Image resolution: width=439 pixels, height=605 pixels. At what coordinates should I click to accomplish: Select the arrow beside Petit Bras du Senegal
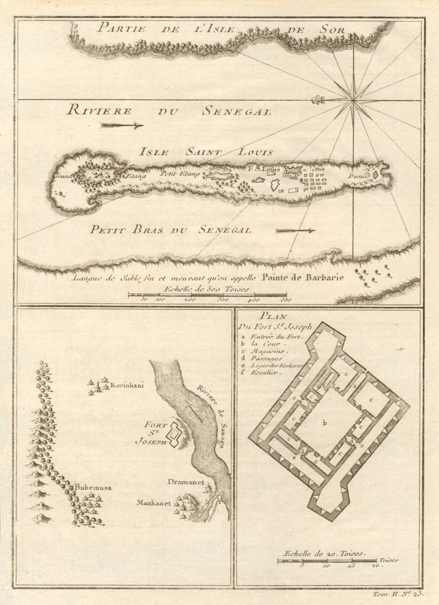(295, 230)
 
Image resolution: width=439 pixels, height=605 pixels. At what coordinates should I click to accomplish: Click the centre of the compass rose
(353, 100)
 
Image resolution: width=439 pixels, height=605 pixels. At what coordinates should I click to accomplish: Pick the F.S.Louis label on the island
(265, 169)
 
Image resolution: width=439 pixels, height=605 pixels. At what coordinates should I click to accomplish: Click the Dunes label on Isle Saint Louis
(358, 177)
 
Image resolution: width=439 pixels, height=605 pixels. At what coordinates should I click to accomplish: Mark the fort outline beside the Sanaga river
(175, 434)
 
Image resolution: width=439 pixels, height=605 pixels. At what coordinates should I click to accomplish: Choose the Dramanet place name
(186, 482)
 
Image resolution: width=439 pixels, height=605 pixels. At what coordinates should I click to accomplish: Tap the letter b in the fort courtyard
(325, 423)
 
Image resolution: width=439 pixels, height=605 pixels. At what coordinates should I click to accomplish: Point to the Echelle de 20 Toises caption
(322, 554)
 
